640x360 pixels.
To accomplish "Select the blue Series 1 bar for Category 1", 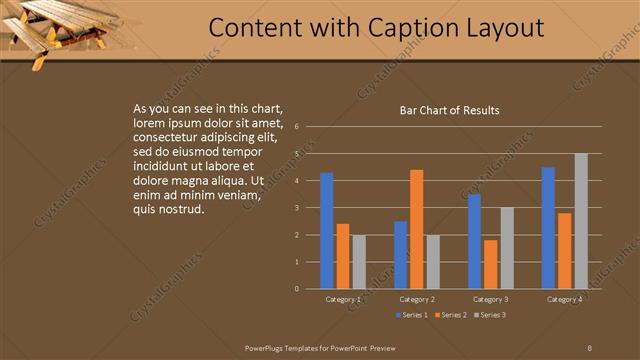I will (x=326, y=231).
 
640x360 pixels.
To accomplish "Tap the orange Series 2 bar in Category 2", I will (x=416, y=229).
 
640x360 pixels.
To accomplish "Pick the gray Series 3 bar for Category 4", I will (x=581, y=221).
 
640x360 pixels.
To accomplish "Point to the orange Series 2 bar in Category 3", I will (x=490, y=264).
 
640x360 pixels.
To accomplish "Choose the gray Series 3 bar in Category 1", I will (x=358, y=262).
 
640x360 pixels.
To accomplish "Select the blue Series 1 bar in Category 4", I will (x=548, y=228).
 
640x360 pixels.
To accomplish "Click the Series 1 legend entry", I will (x=410, y=316).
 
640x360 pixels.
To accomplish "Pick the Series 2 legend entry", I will (x=449, y=316).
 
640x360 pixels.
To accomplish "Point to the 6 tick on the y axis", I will (x=297, y=127).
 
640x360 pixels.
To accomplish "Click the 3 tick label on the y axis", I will (x=297, y=208).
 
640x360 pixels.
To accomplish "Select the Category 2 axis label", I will (x=417, y=299).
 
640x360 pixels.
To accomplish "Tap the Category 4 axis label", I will (x=565, y=299).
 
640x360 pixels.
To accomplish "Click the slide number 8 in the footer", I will (x=590, y=347).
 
